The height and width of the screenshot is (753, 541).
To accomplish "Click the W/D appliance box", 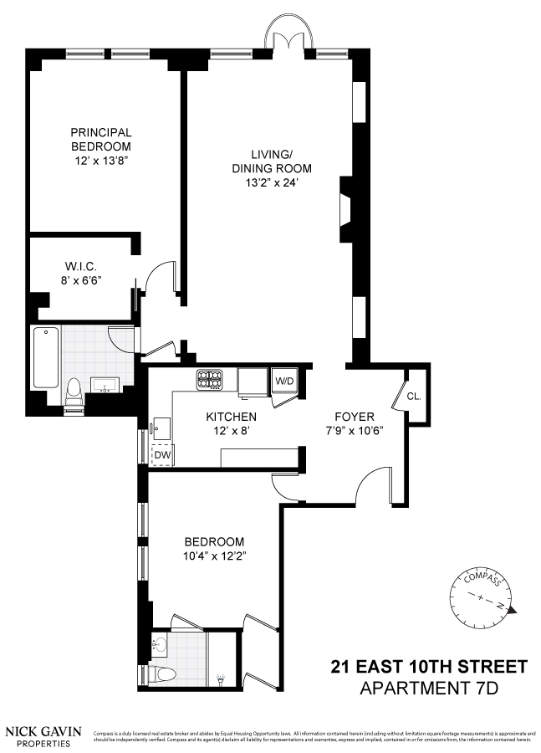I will pos(285,381).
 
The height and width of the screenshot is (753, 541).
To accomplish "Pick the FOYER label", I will pos(354,417).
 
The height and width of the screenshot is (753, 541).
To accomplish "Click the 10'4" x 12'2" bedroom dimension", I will pos(214,556).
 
